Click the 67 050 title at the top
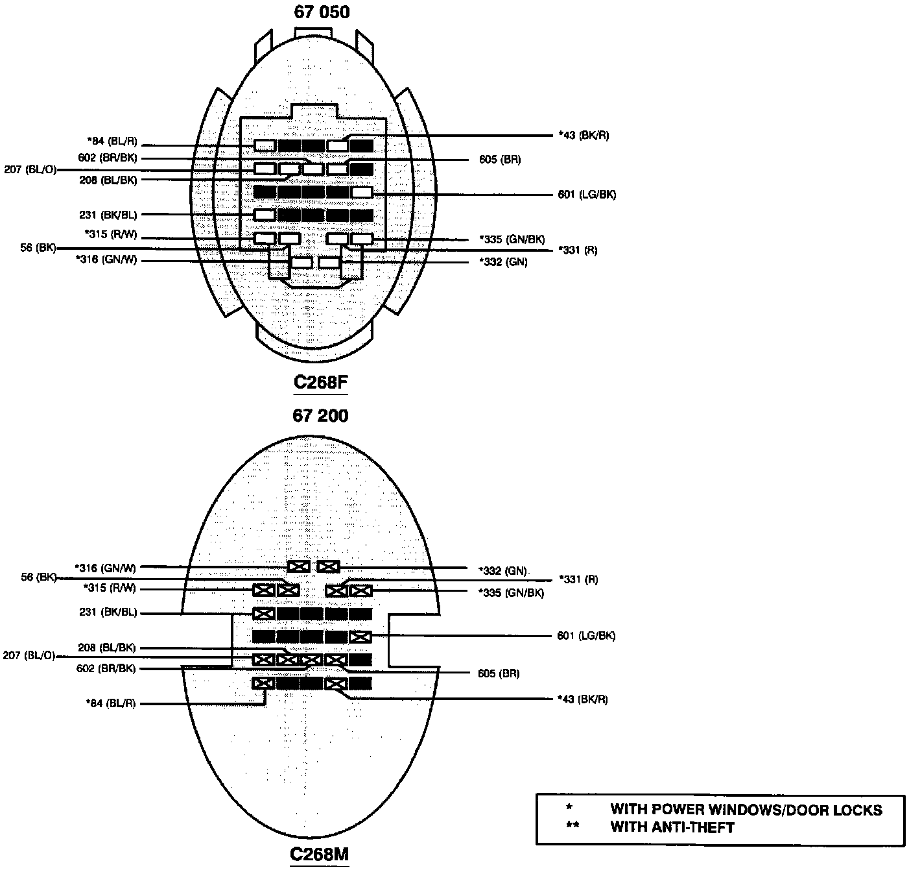tap(321, 12)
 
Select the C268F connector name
tap(320, 382)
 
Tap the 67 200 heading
tap(320, 416)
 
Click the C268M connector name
tap(319, 854)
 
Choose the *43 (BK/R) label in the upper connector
tap(584, 136)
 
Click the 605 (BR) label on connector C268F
tap(499, 160)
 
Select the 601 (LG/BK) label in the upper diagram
tap(587, 194)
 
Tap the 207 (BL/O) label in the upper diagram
tap(30, 170)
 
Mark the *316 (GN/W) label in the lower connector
tap(106, 568)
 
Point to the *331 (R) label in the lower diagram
tap(578, 579)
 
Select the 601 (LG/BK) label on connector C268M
tap(586, 636)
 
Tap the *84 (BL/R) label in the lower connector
tap(111, 703)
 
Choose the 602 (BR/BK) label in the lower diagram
tap(106, 669)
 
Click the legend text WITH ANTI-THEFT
tap(672, 827)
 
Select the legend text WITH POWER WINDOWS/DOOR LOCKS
tap(746, 810)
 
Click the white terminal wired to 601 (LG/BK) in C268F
tap(362, 193)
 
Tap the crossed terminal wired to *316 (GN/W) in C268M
tap(298, 566)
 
